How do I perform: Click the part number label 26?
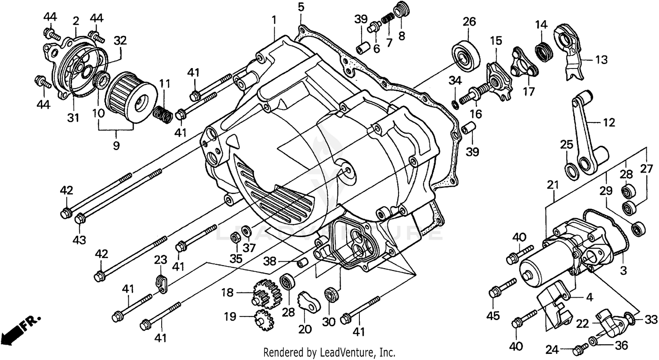tap(469, 21)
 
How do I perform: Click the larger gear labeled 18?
tap(266, 293)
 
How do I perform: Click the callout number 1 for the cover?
tap(274, 20)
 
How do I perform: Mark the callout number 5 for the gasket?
tap(301, 7)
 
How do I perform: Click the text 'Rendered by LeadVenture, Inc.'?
tap(329, 352)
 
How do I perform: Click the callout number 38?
tap(269, 262)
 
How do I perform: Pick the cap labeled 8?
tap(399, 9)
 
